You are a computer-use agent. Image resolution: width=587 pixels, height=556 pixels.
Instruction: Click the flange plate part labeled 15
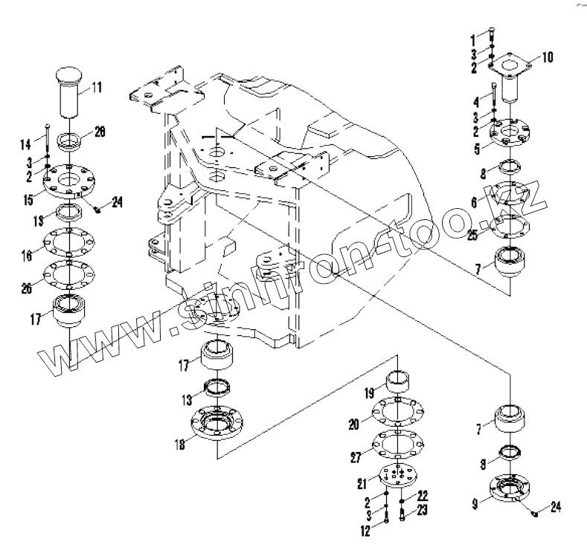pyautogui.click(x=68, y=181)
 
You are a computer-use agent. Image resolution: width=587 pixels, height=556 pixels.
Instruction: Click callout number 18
pyautogui.click(x=179, y=445)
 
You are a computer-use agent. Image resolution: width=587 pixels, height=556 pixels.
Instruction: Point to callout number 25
pyautogui.click(x=472, y=237)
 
